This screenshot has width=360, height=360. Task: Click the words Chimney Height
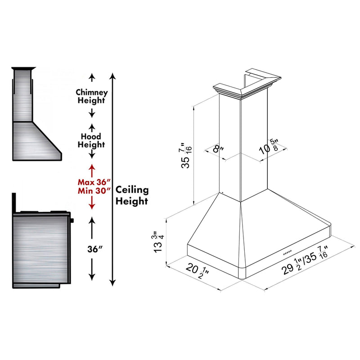[x=92, y=96]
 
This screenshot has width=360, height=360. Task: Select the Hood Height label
[x=91, y=140]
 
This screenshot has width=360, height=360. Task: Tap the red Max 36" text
[x=91, y=182]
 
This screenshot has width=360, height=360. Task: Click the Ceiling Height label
[x=131, y=195]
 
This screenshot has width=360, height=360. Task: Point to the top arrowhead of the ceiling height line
[x=113, y=75]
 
